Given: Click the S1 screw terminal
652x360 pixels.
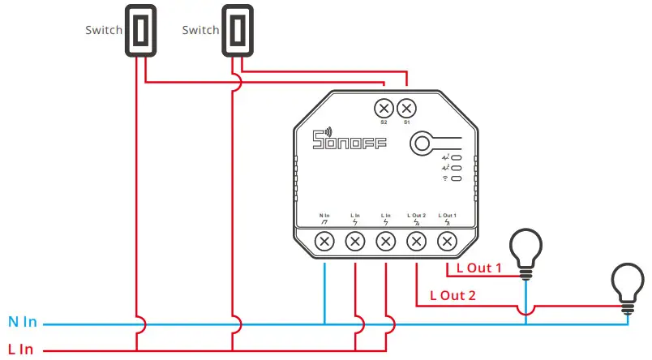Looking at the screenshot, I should click(406, 107).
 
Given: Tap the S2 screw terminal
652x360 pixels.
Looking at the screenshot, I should click(384, 107).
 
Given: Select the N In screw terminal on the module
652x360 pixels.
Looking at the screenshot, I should click(324, 241).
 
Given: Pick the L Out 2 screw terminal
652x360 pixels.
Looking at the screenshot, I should click(416, 241).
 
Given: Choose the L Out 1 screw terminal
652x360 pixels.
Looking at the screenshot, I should click(447, 241).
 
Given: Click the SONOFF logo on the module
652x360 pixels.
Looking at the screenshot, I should click(350, 143).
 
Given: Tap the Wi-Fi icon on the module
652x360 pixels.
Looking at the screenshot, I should click(445, 177).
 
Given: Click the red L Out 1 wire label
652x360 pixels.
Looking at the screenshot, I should click(479, 268).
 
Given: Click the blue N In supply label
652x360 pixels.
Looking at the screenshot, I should click(23, 323).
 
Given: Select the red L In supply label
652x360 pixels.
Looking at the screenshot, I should click(21, 349).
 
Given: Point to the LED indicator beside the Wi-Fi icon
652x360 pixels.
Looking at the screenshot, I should click(457, 177).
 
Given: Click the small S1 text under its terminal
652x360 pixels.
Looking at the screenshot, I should click(406, 122).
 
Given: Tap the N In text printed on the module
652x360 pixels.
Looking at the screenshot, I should click(324, 215).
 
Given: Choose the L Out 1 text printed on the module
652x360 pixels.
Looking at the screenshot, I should click(447, 215).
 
